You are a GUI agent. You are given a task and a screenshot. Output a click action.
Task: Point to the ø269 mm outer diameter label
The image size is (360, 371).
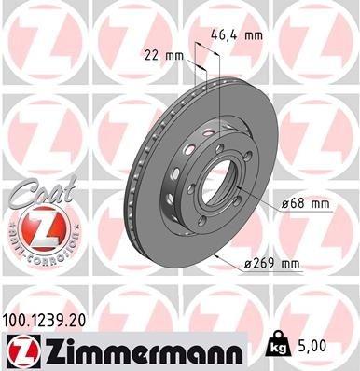[x=274, y=264]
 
